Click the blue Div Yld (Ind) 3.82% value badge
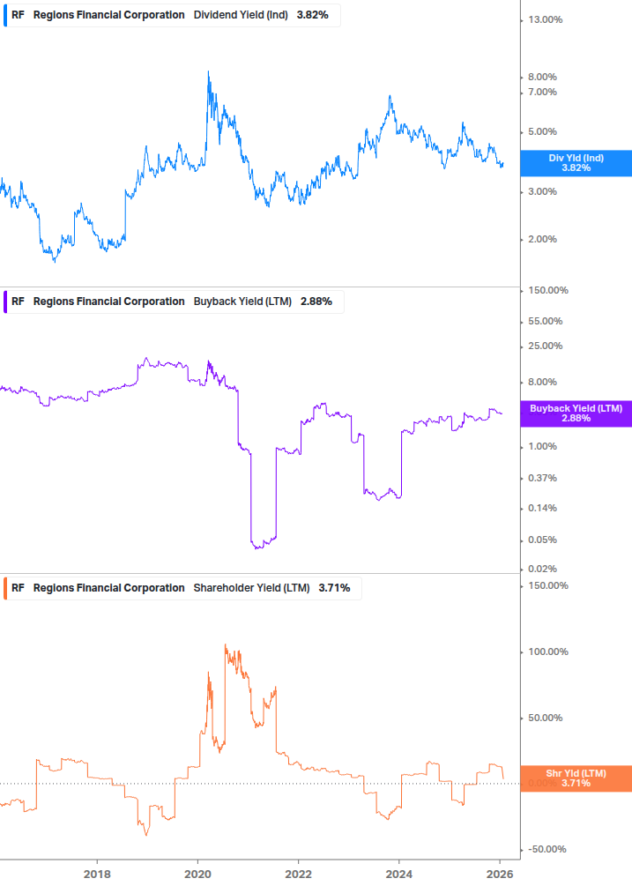coord(576,163)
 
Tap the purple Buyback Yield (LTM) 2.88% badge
coord(576,413)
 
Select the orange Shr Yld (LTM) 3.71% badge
coord(576,778)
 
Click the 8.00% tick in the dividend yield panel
coord(543,78)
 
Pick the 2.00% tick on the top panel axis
coord(543,240)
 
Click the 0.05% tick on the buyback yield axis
coord(543,540)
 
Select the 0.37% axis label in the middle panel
coord(543,479)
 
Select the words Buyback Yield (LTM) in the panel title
coord(242,302)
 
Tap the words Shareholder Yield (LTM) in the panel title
coord(251,588)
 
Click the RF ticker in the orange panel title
coord(18,588)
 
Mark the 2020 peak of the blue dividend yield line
coord(208,72)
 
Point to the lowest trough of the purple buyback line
coord(258,548)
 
